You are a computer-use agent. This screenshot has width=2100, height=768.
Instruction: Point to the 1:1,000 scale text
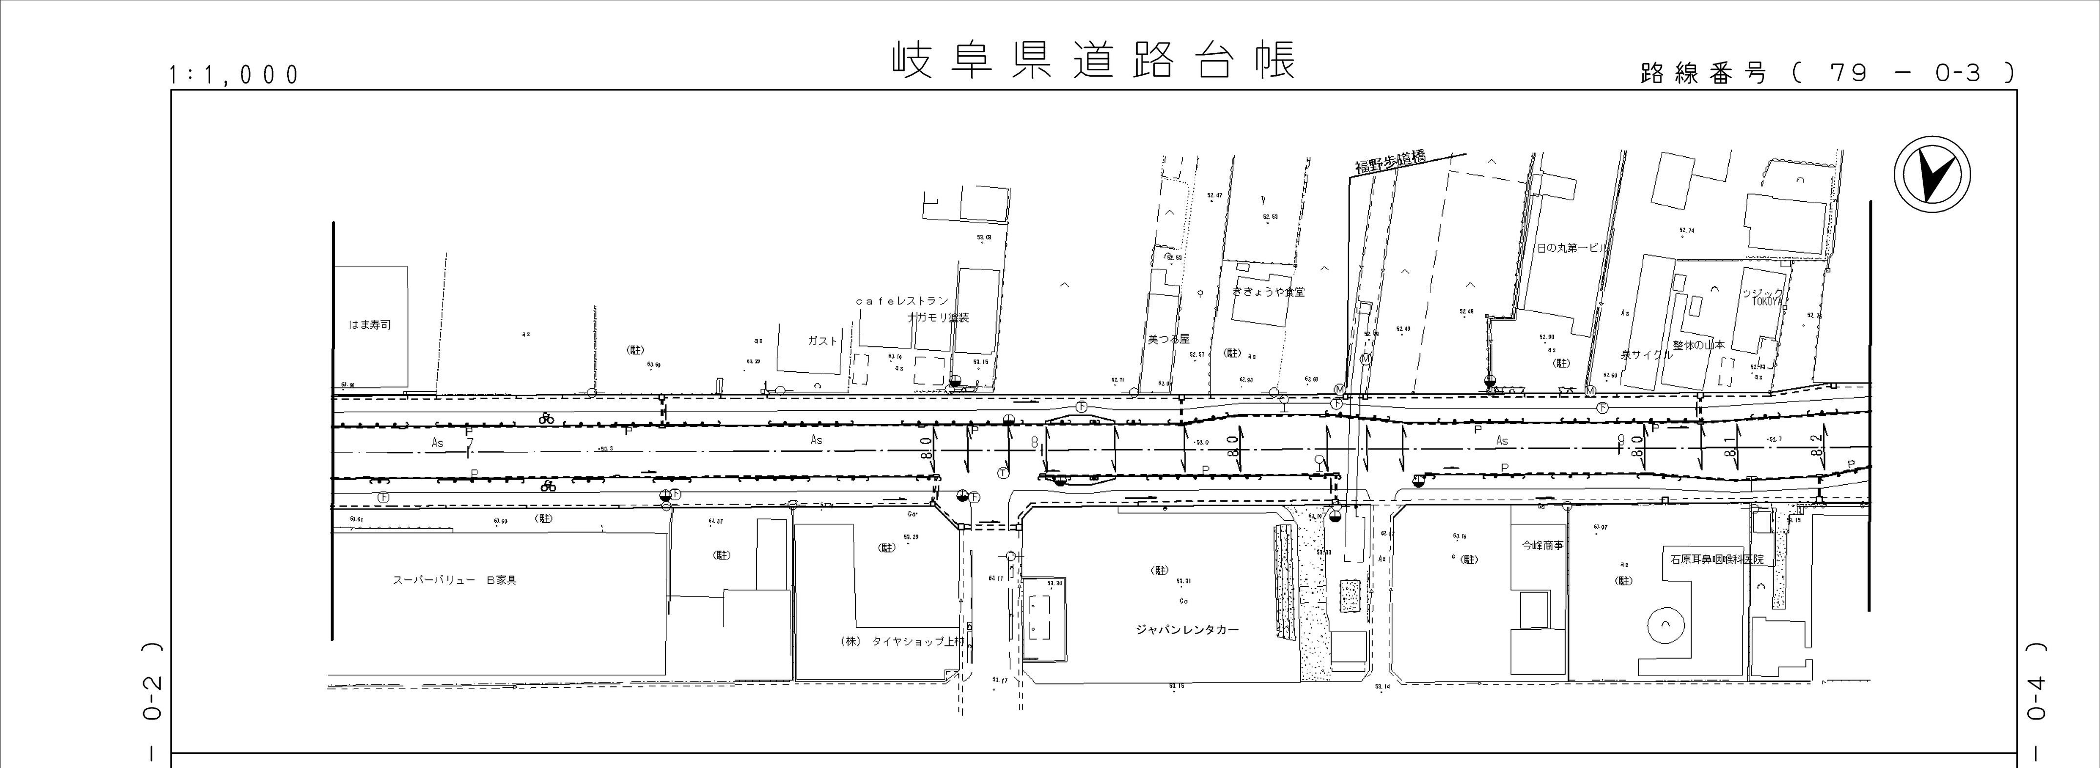[234, 75]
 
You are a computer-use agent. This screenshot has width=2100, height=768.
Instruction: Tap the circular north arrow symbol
[1931, 175]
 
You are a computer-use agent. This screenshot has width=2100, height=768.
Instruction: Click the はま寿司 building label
[369, 324]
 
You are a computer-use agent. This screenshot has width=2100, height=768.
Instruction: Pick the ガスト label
[822, 341]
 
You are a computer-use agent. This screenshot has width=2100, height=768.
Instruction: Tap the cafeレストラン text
[902, 301]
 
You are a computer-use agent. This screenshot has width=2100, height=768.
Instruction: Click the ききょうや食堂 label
[1269, 291]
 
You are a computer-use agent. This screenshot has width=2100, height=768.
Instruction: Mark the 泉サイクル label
[1647, 355]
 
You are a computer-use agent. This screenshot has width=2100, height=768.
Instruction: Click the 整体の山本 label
[1698, 345]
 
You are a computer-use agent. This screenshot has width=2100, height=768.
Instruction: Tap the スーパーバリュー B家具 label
[455, 580]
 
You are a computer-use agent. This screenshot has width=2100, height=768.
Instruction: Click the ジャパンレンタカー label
[1187, 629]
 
